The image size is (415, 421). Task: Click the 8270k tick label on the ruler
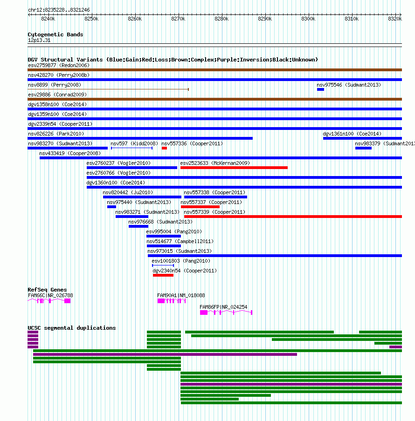178,19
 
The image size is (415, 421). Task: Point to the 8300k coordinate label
308,19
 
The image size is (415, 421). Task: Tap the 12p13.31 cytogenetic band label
39,40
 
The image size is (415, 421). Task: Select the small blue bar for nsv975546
320,89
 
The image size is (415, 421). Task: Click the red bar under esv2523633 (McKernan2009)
234,168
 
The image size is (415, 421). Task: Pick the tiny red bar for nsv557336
164,148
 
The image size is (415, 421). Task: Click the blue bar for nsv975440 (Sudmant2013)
111,207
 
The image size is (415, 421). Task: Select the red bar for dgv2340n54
163,275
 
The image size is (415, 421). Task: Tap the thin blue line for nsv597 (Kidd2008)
131,148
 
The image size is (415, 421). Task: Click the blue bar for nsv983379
363,148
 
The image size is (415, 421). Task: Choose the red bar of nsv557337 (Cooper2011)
200,207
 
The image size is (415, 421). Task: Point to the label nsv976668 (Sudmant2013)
160,222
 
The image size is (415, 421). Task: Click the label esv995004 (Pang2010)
174,231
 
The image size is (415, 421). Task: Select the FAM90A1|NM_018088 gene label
181,295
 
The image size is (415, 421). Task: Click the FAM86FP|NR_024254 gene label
223,307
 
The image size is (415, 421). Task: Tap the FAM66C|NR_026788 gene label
50,295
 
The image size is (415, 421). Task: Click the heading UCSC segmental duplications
72,328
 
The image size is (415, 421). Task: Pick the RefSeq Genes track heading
47,290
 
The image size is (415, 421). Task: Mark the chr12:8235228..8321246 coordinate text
59,10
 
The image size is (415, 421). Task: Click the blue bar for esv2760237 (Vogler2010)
132,168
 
